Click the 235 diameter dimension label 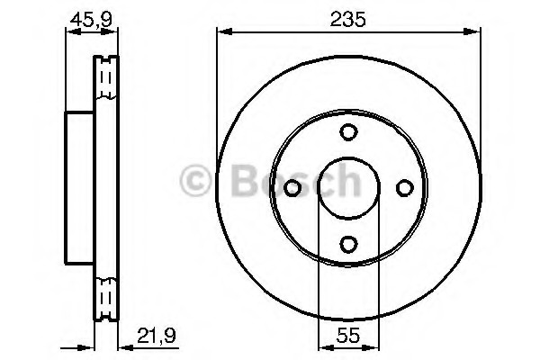[x=347, y=19]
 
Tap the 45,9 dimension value [x=91, y=19]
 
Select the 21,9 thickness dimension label [x=157, y=335]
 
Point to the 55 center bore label [x=348, y=335]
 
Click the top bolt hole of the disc [x=348, y=132]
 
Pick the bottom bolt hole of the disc [x=348, y=244]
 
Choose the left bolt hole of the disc [x=292, y=188]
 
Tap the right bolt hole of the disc [x=405, y=188]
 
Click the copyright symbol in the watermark [x=195, y=180]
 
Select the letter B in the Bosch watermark [x=246, y=180]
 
